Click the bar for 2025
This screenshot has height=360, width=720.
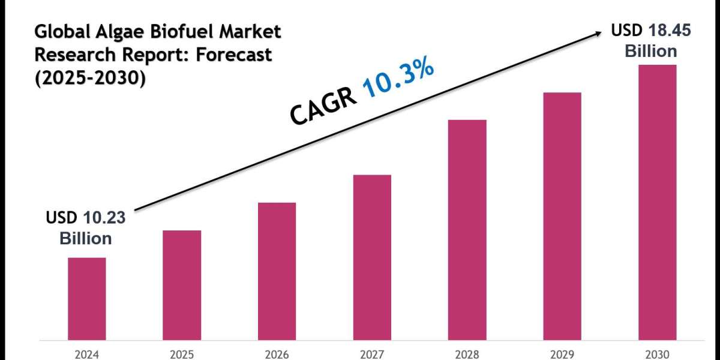point(182,284)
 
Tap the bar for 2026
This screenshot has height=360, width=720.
point(277,271)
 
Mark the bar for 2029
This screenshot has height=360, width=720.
point(562,215)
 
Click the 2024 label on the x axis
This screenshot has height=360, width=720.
point(86,354)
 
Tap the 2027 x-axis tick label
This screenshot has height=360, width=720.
point(372,354)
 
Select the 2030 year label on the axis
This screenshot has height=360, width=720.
point(657,354)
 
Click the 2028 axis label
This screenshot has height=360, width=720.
point(467,354)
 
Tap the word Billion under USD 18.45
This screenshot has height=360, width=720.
point(651,51)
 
